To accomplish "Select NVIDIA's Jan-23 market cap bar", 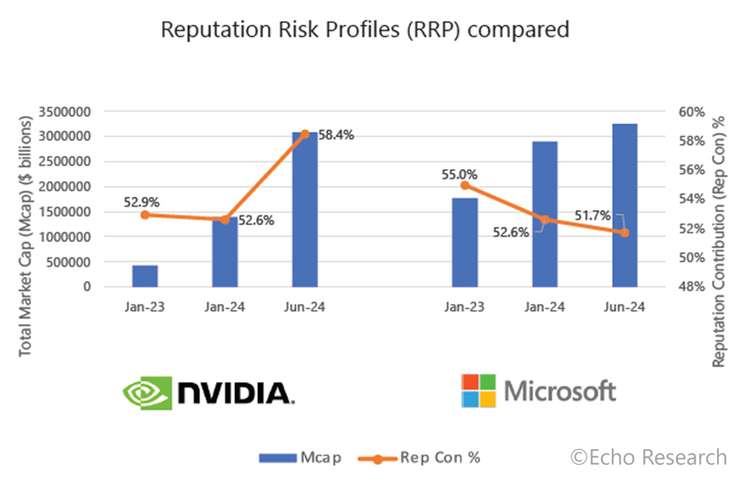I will point(145,276).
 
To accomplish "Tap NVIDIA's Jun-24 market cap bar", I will point(305,209).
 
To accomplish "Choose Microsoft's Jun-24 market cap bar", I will point(625,205).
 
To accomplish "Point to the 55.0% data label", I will point(460,174).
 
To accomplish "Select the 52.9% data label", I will point(140,199).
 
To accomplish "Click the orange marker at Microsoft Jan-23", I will point(465,185).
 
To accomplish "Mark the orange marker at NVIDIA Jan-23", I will point(145,215).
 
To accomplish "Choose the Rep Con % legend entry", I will point(419,457).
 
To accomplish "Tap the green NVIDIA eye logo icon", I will point(148,392).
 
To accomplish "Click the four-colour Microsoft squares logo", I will point(479,391).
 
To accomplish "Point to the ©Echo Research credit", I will point(648,457).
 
